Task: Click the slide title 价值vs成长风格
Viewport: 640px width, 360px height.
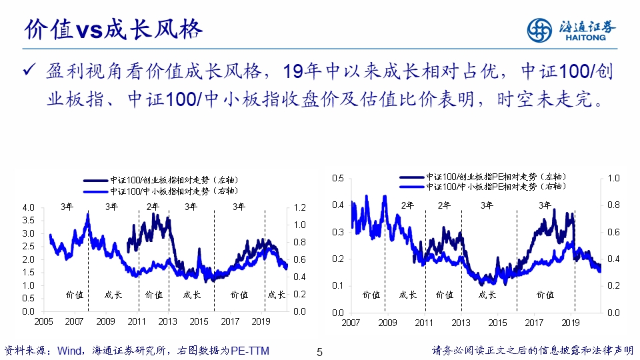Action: point(113,29)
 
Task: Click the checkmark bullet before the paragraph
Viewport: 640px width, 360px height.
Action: point(29,71)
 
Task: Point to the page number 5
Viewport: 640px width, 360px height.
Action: point(319,351)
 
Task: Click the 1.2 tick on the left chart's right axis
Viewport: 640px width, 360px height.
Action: point(301,207)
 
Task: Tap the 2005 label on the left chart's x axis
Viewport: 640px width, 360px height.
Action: point(43,321)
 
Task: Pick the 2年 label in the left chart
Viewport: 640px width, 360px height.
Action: point(153,206)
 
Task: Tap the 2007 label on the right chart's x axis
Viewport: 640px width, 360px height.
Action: point(351,323)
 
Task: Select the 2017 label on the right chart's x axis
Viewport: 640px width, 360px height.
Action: point(533,323)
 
